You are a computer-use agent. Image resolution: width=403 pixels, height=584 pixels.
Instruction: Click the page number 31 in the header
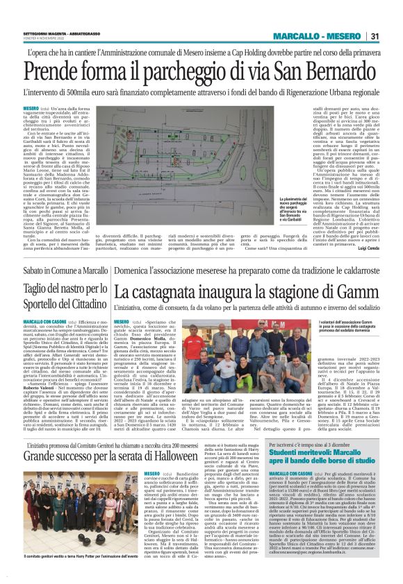374,36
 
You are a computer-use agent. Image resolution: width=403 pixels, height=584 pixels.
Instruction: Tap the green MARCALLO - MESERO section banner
315,36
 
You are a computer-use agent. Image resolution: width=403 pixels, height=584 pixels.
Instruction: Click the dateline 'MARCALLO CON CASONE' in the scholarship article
290,474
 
